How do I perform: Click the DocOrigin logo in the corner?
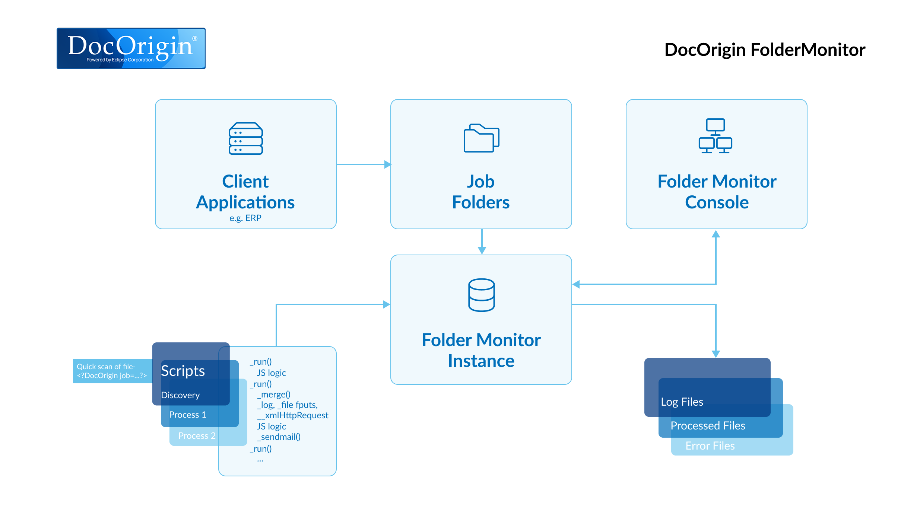point(131,48)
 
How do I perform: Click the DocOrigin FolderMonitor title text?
point(764,50)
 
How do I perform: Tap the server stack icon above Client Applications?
point(245,138)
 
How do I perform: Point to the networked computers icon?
point(715,136)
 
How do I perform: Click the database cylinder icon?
point(481,295)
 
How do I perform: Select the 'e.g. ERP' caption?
point(245,218)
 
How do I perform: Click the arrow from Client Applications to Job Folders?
point(363,164)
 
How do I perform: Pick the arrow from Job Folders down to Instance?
point(482,242)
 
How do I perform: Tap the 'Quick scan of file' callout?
point(112,371)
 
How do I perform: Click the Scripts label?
point(183,371)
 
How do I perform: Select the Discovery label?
point(180,395)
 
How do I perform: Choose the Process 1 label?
point(187,415)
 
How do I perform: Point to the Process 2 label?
point(197,436)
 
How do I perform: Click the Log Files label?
point(682,402)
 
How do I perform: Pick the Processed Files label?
point(708,426)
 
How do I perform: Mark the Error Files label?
point(710,446)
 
